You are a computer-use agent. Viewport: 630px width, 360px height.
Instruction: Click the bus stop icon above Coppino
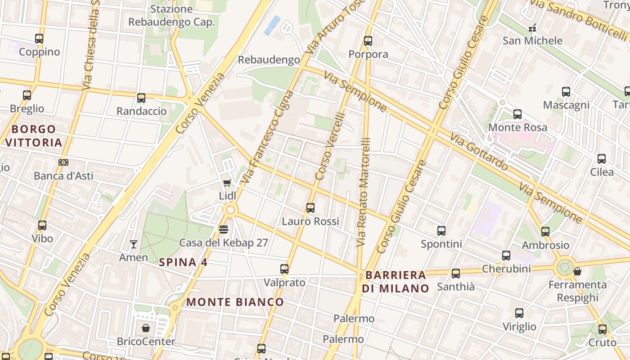39,39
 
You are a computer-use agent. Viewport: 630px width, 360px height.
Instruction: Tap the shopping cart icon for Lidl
227,183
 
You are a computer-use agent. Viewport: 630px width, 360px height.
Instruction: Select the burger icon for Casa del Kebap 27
223,229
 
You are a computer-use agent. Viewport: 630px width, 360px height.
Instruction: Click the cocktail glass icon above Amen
133,244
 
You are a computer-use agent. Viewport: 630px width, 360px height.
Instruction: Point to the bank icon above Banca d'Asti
63,162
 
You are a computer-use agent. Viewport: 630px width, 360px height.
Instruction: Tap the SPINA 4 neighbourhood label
183,262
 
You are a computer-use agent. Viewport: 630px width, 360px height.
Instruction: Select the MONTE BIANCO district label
235,302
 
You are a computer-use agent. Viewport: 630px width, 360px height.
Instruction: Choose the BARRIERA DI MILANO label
396,282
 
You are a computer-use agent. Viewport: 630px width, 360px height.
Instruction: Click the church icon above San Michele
532,28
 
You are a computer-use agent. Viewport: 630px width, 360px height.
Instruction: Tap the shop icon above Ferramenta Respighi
577,272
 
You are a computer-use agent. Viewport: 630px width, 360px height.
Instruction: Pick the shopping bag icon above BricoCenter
145,328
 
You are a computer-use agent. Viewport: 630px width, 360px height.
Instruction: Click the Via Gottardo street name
479,152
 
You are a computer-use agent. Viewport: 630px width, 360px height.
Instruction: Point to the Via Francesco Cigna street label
267,137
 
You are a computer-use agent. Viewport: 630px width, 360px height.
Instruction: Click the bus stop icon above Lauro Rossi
310,208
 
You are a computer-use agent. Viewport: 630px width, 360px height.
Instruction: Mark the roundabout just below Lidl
230,210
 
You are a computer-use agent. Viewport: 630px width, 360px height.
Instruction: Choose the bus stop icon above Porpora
368,41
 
